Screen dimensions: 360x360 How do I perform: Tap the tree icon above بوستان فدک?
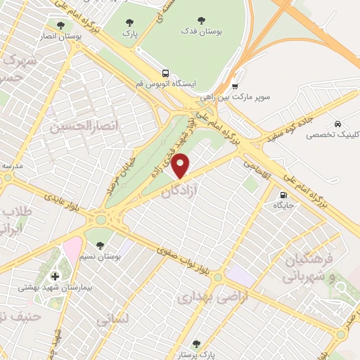point(201,21)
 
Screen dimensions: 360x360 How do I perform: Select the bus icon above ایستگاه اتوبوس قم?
point(165,72)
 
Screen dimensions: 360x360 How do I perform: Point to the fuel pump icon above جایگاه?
point(283,196)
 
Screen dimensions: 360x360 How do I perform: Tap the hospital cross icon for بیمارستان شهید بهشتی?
point(56,275)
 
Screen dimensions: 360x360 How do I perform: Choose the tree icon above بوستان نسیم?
point(99,245)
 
